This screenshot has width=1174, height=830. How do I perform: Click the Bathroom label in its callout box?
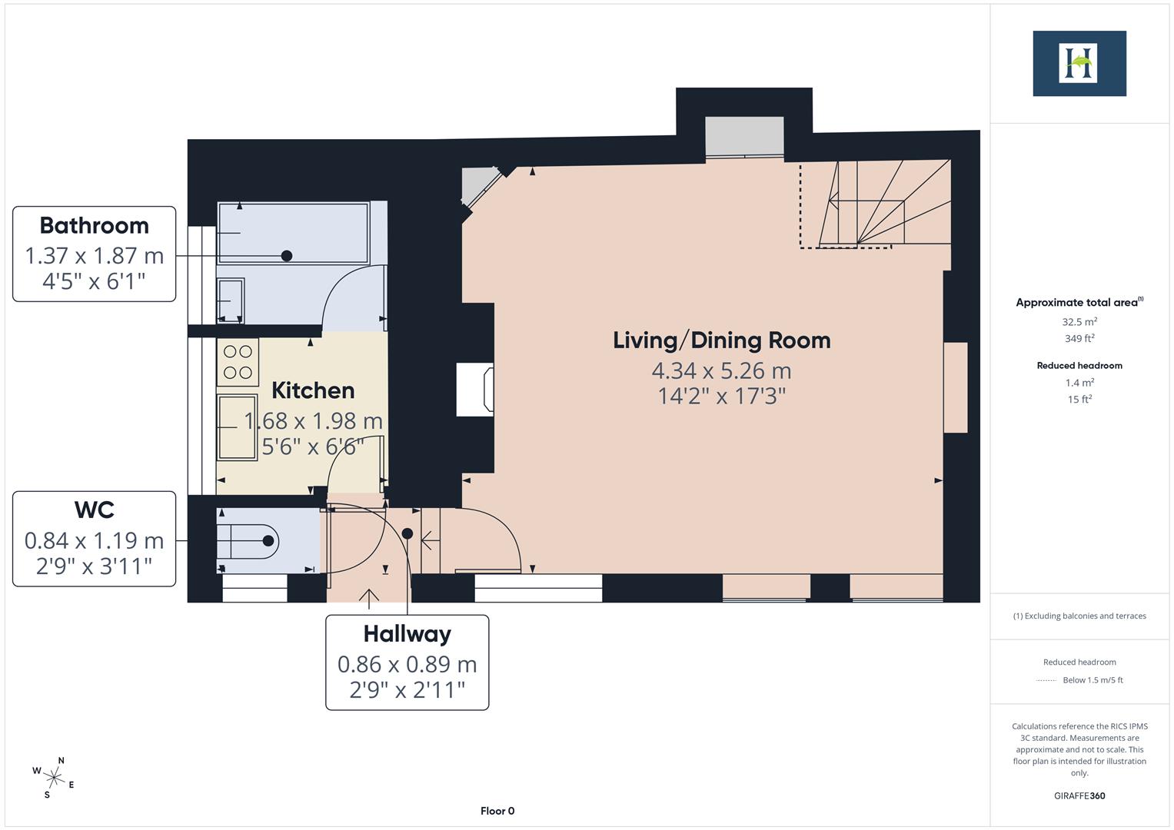point(94,225)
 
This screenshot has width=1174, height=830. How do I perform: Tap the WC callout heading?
point(94,510)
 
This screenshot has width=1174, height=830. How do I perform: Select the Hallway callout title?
point(407,634)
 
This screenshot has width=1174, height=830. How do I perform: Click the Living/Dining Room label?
point(721,340)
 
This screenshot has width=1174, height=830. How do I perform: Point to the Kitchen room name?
point(313,390)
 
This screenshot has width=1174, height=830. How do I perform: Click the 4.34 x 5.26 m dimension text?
point(721,371)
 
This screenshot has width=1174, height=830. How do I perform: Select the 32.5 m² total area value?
point(1079,322)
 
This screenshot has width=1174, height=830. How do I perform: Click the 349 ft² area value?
point(1079,338)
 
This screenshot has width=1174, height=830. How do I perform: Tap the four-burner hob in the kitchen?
point(238,362)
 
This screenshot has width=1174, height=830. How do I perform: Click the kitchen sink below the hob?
point(237,427)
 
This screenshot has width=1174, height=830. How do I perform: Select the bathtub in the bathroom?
point(293,233)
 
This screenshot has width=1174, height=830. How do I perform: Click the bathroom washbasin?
point(231,300)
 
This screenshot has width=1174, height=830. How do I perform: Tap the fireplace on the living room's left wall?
point(475,390)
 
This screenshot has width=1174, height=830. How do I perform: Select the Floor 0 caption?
point(497,811)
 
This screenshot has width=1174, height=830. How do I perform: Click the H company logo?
point(1079,63)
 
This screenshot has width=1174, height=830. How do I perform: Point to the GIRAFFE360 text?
point(1079,795)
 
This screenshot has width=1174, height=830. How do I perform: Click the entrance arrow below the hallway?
point(369,597)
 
